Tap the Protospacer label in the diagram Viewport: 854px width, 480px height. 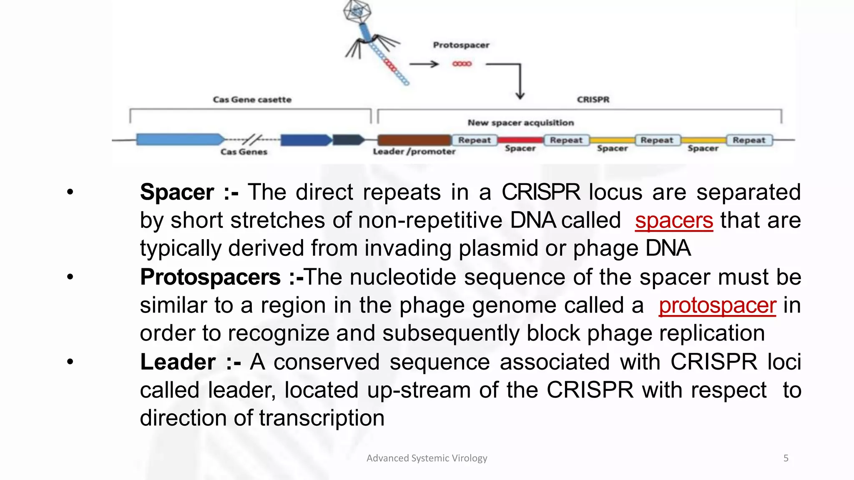tap(461, 45)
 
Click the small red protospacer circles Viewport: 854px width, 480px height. tap(462, 64)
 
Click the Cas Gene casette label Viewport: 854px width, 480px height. tap(252, 100)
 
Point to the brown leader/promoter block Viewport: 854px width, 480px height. tap(414, 140)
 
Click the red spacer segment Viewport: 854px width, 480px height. tap(520, 140)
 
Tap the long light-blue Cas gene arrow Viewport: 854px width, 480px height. tap(179, 140)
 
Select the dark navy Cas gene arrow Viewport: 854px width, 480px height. tap(348, 140)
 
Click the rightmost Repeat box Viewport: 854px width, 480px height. tap(749, 140)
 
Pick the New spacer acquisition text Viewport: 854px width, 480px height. tap(520, 123)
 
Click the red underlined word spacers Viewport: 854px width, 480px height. tap(674, 220)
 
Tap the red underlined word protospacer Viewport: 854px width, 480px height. tap(717, 305)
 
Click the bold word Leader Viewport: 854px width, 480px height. tap(178, 362)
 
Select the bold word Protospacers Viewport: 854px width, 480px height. tap(211, 277)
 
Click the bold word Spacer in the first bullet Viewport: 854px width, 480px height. tap(177, 192)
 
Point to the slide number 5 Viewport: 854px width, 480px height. tap(786, 458)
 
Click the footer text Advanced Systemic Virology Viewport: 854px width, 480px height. tap(427, 458)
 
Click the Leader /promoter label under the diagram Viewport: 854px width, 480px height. tap(414, 152)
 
